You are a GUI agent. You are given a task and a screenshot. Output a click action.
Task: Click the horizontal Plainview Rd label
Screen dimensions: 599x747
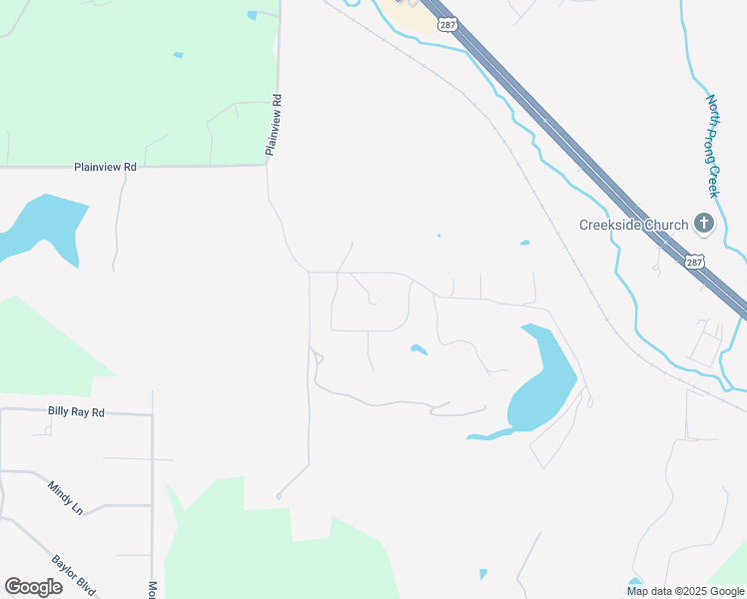click(105, 168)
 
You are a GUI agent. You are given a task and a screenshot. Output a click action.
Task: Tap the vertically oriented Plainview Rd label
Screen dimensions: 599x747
click(272, 125)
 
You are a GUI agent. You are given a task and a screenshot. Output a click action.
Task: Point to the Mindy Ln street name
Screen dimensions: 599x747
click(65, 496)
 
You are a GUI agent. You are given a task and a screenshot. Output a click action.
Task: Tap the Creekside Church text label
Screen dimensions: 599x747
click(633, 225)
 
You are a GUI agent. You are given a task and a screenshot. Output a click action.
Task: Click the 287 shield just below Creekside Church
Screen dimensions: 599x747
click(695, 263)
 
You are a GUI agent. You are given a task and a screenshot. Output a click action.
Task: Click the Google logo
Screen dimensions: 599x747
click(33, 586)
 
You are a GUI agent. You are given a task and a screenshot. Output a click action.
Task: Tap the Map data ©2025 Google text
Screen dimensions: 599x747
click(686, 591)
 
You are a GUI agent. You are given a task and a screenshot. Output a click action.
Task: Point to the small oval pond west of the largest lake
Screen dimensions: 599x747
click(418, 349)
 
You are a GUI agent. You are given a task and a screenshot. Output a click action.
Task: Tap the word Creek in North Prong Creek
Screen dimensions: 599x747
click(713, 181)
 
